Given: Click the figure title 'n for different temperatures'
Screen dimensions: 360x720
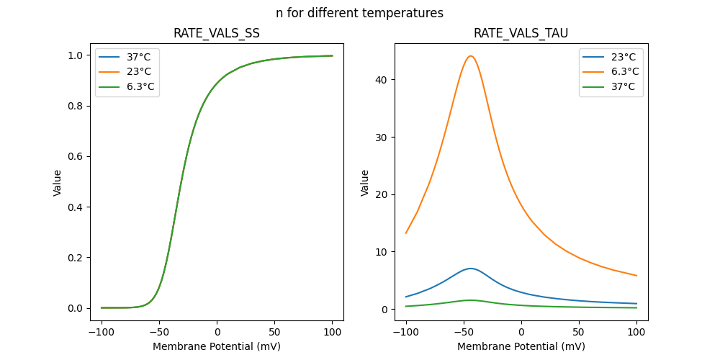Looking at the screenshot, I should (x=359, y=13).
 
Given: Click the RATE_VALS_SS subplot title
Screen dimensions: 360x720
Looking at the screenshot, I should (x=217, y=34).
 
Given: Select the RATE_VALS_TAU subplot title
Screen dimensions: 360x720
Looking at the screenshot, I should (x=521, y=34).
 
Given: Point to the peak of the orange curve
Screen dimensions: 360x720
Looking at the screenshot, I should (x=470, y=56).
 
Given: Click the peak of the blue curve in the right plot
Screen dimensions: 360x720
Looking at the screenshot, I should (x=470, y=269).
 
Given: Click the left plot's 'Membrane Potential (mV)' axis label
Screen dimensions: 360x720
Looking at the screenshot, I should (x=217, y=346).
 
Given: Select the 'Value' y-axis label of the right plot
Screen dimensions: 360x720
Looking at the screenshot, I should (x=365, y=182).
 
